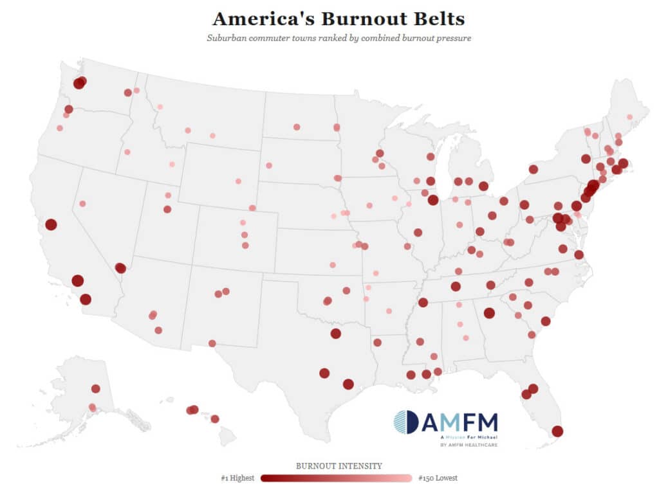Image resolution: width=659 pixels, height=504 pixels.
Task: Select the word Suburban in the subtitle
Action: click(x=224, y=38)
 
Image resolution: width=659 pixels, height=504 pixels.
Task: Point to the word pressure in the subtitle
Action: click(x=452, y=38)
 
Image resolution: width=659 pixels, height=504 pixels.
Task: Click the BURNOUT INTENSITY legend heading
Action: click(x=339, y=465)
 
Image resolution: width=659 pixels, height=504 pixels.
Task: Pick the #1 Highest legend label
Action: click(x=237, y=478)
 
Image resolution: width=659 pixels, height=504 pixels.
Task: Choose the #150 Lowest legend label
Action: click(x=438, y=478)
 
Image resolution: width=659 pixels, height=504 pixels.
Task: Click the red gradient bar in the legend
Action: click(x=337, y=478)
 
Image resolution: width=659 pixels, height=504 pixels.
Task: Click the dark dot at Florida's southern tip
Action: click(x=557, y=431)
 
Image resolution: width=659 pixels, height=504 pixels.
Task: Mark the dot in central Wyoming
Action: click(x=238, y=181)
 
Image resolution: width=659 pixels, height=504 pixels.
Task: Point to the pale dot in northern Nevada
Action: click(x=82, y=204)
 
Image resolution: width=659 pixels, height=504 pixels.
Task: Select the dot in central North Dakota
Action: click(x=297, y=127)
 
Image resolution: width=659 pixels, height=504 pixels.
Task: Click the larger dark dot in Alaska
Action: click(x=95, y=389)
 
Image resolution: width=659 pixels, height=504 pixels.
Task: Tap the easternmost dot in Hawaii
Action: click(x=215, y=419)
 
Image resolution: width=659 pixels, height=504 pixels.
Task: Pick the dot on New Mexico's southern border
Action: click(x=212, y=343)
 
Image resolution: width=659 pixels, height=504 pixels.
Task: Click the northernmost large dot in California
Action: click(x=51, y=224)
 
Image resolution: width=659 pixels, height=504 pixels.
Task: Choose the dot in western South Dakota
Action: click(x=269, y=165)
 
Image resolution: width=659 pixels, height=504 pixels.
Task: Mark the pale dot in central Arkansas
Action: click(x=389, y=310)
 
